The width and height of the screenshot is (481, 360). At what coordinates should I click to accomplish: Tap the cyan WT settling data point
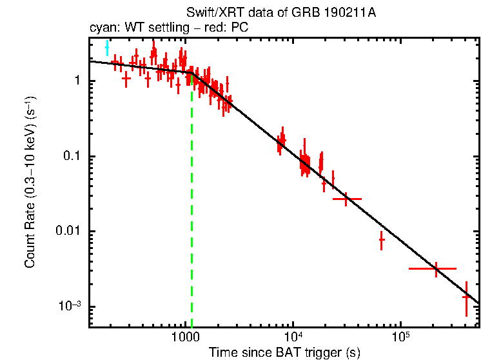108,48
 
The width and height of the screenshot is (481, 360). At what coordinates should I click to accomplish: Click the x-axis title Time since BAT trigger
284,353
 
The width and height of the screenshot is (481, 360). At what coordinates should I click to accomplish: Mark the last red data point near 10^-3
466,297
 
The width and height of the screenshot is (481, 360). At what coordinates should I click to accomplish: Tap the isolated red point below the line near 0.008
382,239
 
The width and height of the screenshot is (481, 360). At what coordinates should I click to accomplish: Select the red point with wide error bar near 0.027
347,199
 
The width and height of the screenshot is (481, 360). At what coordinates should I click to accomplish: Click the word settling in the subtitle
164,28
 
